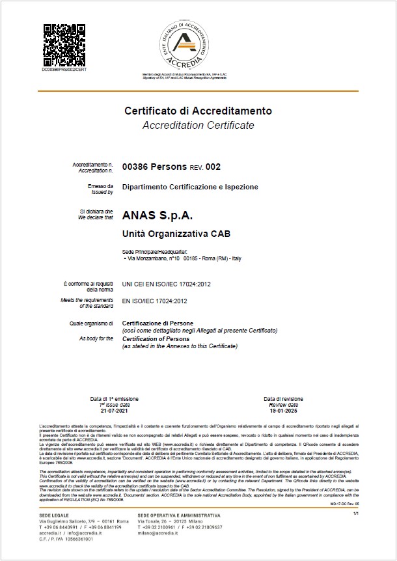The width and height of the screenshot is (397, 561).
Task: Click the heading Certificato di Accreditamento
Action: [198, 111]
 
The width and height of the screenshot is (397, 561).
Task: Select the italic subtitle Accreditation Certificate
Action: [198, 125]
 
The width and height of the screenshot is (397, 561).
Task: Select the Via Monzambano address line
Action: [183, 259]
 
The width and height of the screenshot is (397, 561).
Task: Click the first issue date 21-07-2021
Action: [111, 412]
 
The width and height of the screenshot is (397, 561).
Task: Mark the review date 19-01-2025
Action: [282, 412]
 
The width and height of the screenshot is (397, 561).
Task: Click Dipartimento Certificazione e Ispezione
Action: [190, 187]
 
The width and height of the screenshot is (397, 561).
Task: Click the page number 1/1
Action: [355, 514]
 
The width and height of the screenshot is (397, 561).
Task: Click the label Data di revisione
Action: [283, 398]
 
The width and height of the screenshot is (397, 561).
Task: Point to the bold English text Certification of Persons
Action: [159, 339]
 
